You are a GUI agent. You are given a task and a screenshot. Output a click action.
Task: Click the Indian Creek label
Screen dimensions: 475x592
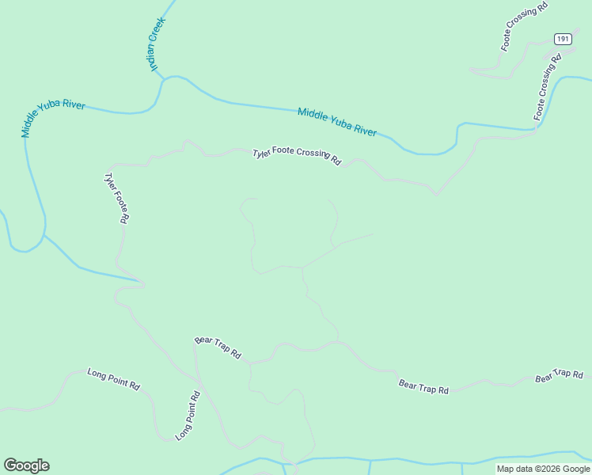(157, 44)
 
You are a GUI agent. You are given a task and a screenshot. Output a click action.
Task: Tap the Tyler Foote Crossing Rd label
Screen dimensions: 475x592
(296, 156)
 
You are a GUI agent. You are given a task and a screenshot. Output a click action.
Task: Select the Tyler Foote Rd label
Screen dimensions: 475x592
(116, 198)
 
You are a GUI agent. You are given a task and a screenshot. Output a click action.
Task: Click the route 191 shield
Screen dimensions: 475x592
(563, 39)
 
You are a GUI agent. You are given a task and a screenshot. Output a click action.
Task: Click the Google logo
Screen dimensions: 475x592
(26, 465)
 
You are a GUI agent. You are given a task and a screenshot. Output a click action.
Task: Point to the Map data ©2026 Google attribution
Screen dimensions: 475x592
(544, 469)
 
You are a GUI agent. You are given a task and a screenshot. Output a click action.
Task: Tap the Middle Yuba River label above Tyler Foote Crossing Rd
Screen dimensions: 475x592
(337, 121)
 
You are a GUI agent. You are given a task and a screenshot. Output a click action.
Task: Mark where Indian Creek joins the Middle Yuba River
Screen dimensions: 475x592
(164, 78)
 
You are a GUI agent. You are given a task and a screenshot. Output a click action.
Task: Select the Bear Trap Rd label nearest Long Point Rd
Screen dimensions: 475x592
(218, 348)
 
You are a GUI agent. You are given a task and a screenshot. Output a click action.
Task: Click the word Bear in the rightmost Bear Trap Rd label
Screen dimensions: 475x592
(543, 378)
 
